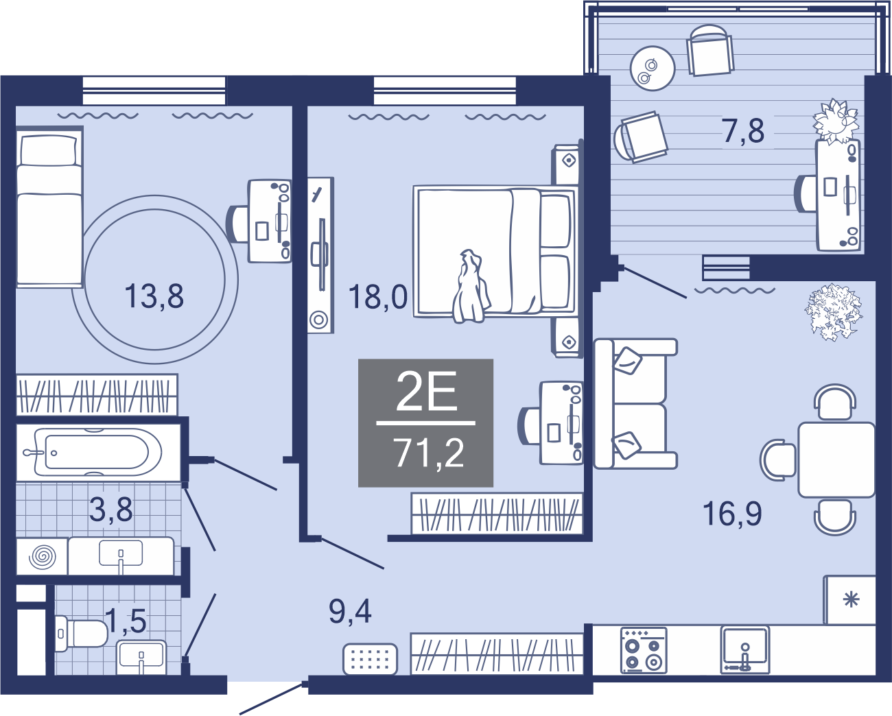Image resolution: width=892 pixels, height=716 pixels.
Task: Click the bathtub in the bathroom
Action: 98,452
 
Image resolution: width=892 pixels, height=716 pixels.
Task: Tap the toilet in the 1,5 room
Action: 81,633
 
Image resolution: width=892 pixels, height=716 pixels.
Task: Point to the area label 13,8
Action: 154,296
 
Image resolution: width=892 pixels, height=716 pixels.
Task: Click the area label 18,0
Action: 378,297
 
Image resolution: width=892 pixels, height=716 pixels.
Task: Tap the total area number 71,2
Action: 429,453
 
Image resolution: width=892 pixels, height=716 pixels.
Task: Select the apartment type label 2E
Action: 427,391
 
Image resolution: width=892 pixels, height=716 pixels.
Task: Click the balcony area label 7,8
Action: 743,130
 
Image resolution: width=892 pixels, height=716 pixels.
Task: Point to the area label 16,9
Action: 732,513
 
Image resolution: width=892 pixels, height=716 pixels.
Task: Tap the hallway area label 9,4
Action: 350,612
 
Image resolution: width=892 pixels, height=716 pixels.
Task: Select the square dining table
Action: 836,460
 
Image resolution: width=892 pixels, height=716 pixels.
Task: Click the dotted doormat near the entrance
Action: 370,658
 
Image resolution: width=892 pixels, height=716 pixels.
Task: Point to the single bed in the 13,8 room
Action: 49,206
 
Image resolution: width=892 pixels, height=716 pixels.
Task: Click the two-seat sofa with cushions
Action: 635,403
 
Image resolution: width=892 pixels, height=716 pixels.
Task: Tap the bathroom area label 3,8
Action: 111,510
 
